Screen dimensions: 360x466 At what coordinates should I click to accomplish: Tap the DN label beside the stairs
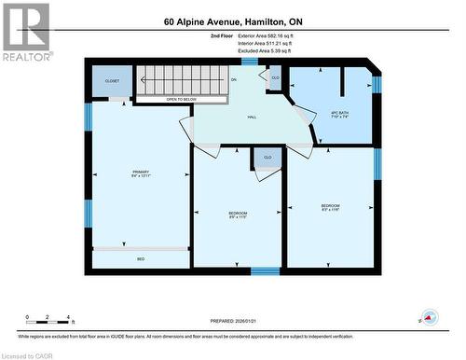(234, 81)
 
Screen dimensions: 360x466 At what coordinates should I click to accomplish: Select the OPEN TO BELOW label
(181, 98)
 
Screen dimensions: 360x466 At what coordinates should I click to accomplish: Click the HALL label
(252, 118)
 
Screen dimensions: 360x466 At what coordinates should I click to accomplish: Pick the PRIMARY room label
(141, 173)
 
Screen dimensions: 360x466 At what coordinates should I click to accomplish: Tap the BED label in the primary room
(141, 258)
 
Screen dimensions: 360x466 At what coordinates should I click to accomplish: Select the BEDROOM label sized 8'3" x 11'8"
(331, 207)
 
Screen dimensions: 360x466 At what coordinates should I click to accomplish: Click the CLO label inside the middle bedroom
(267, 158)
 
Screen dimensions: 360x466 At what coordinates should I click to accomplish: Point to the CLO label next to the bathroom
(276, 77)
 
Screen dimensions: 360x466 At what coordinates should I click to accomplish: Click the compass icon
(429, 317)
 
